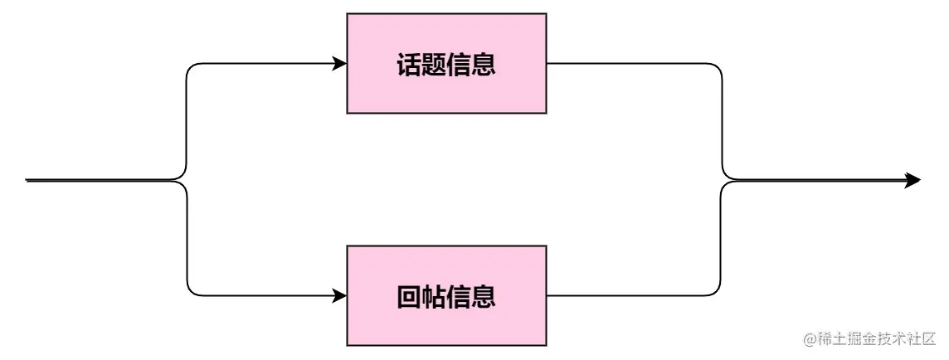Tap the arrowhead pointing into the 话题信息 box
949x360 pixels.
tap(339, 64)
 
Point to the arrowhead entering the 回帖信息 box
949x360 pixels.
tap(339, 295)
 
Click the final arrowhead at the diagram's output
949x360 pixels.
tap(912, 180)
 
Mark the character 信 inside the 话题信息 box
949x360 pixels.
tap(459, 65)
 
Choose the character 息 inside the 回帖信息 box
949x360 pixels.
tap(484, 296)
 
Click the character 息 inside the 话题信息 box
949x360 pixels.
tap(484, 65)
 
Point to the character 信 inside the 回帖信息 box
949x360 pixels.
tap(459, 296)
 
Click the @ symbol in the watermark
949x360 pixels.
tap(810, 339)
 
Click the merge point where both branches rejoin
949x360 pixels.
tap(727, 180)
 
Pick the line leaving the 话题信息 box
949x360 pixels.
tap(630, 64)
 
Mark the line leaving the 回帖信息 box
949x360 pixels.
tap(630, 295)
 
